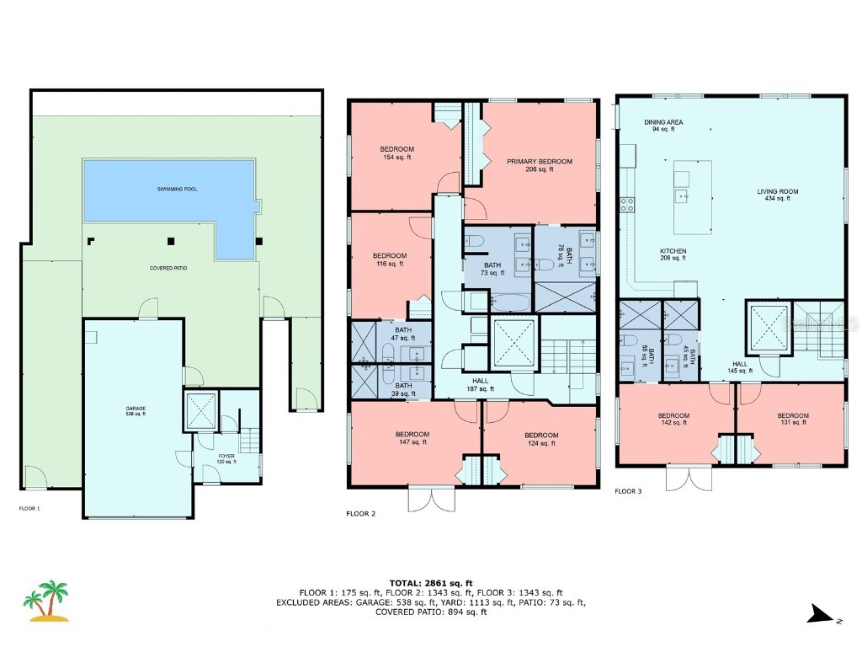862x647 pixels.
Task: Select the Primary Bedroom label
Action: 539,165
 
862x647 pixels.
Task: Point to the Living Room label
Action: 777,195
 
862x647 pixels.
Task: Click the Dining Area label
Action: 663,126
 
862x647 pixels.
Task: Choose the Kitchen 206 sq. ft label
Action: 673,254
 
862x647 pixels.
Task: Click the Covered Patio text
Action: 169,268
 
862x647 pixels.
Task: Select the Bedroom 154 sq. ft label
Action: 396,153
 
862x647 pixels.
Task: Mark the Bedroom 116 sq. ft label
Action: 390,259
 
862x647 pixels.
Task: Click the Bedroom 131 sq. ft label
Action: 793,419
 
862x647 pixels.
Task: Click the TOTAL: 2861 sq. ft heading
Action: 430,583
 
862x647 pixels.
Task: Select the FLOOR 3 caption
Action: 629,490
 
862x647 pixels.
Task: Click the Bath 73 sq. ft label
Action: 492,269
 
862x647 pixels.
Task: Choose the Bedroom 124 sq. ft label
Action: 542,439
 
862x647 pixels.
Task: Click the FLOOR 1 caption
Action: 29,509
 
